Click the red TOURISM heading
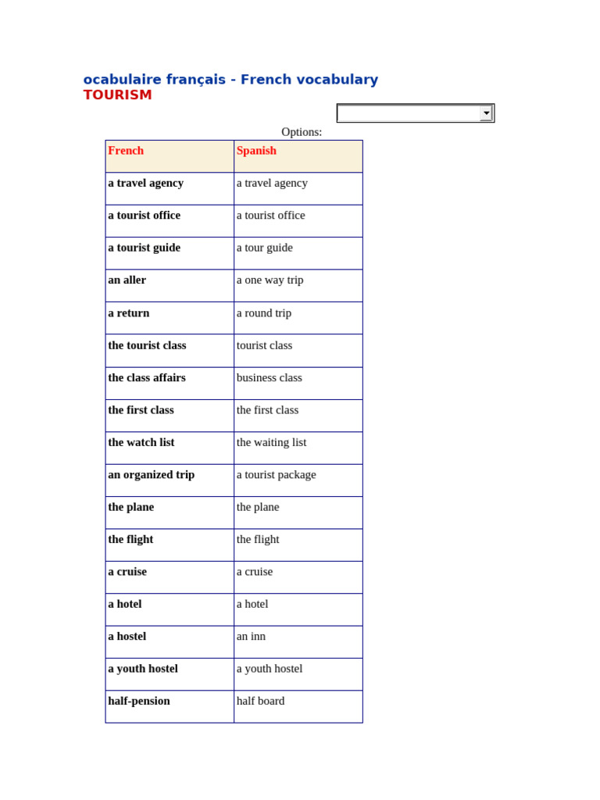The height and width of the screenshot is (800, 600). click(x=117, y=95)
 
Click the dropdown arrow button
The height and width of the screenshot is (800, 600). click(x=486, y=113)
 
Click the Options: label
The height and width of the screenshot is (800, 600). click(x=302, y=132)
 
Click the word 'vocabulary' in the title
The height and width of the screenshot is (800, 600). click(x=339, y=80)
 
